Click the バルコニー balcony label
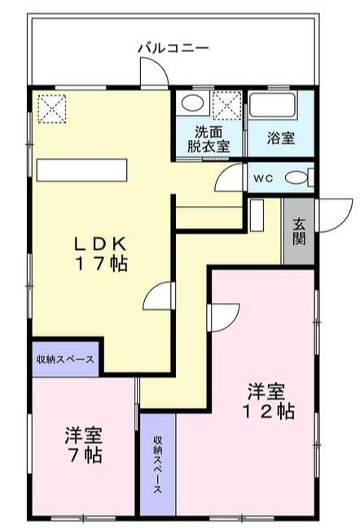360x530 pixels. tap(173, 48)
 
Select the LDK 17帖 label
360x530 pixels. tap(100, 253)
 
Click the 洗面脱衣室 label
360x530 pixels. tap(209, 140)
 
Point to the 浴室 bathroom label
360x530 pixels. tap(280, 138)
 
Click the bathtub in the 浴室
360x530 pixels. tap(272, 105)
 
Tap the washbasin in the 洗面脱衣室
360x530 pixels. tap(192, 103)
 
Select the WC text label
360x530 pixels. tap(263, 178)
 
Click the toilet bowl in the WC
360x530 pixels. tap(296, 177)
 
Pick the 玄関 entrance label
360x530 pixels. tap(299, 231)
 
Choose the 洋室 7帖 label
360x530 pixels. tap(84, 445)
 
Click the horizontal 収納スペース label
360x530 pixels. tap(65, 360)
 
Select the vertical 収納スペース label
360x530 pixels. tap(158, 464)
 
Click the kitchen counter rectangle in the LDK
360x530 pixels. tap(81, 170)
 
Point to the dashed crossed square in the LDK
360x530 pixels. tap(51, 109)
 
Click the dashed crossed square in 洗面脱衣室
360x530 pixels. tap(226, 105)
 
